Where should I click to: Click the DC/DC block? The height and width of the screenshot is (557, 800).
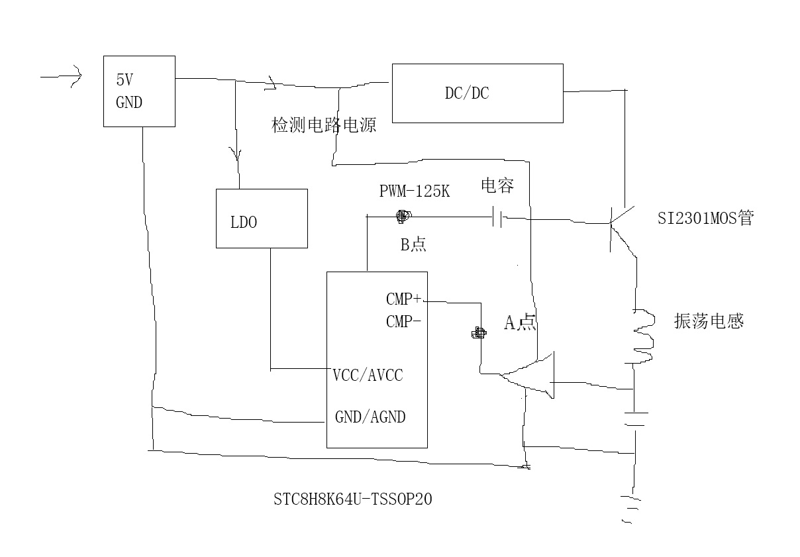click(x=477, y=93)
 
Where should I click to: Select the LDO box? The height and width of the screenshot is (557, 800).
click(x=262, y=219)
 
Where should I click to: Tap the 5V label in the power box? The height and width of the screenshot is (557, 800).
click(x=125, y=80)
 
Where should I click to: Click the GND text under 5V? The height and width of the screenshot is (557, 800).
click(x=129, y=103)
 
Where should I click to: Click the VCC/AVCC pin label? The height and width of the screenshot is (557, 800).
click(x=368, y=376)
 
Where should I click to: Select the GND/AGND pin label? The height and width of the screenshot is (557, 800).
click(x=370, y=417)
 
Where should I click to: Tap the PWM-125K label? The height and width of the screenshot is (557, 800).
click(x=415, y=191)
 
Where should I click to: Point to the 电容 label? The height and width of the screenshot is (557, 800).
click(x=497, y=186)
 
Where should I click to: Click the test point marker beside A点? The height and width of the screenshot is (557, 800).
click(x=477, y=333)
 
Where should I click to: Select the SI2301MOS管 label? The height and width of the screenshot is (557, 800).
click(x=705, y=218)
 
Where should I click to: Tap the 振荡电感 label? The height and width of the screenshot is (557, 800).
click(x=709, y=321)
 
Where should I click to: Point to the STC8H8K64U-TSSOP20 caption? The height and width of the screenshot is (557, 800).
click(x=352, y=499)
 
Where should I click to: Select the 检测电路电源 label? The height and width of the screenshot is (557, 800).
click(x=324, y=125)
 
